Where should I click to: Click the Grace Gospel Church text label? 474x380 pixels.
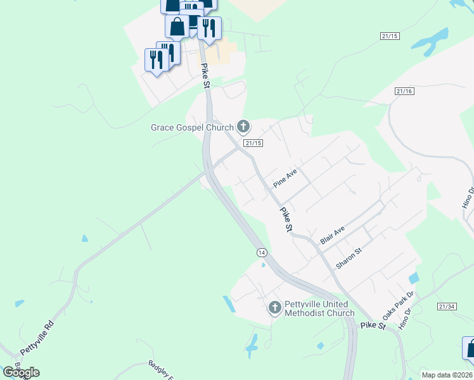(x=192, y=127)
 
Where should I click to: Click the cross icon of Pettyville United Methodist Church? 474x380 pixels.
(x=274, y=308)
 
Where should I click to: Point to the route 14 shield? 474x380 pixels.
(x=262, y=252)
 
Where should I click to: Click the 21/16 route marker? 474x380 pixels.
(x=404, y=92)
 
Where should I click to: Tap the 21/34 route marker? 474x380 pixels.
(x=446, y=307)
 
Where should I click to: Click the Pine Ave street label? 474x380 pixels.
(x=285, y=178)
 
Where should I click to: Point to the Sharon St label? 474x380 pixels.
(x=349, y=258)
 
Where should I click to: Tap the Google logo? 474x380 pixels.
(x=21, y=372)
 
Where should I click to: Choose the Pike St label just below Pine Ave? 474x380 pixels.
(x=286, y=218)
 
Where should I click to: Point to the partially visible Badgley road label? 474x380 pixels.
(x=161, y=369)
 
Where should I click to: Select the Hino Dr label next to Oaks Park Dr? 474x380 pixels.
(x=405, y=319)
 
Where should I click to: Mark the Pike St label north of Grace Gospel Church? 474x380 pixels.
(x=205, y=75)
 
